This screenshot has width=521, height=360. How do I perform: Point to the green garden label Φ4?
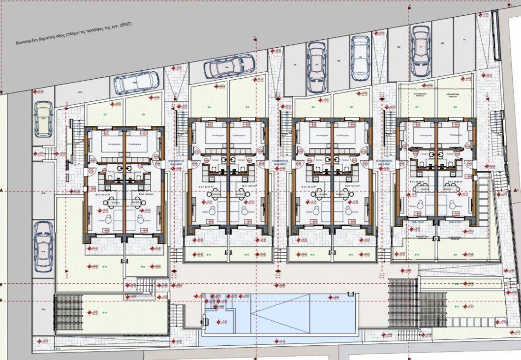point(247,107)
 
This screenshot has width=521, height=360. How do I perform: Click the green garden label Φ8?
point(455,107)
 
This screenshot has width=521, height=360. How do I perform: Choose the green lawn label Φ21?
point(457,307)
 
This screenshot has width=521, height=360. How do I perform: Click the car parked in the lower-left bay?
point(43,246)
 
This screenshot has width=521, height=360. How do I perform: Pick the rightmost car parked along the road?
point(420,51)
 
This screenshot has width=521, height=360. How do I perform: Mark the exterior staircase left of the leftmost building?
point(76,133)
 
